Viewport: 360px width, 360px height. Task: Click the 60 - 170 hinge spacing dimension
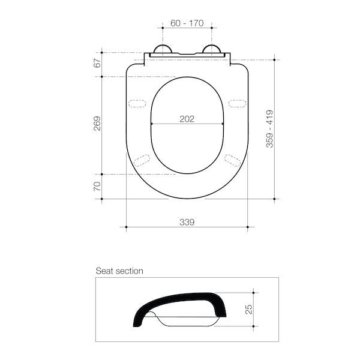tap(187, 23)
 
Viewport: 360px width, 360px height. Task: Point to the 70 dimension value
tap(97, 187)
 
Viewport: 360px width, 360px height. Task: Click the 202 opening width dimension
tap(187, 119)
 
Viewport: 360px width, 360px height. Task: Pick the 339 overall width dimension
tap(187, 222)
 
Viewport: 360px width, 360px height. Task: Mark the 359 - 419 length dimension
tap(270, 128)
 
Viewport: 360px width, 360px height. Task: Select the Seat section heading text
tap(119, 271)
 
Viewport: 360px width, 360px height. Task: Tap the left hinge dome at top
tap(162, 50)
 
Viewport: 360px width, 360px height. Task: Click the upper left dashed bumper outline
tap(138, 103)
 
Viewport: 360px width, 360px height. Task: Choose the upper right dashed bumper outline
tap(237, 103)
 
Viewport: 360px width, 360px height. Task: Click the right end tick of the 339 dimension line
tap(248, 227)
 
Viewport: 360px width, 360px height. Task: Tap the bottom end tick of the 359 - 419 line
tap(275, 199)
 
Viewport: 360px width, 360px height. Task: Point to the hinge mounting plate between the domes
tap(187, 55)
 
